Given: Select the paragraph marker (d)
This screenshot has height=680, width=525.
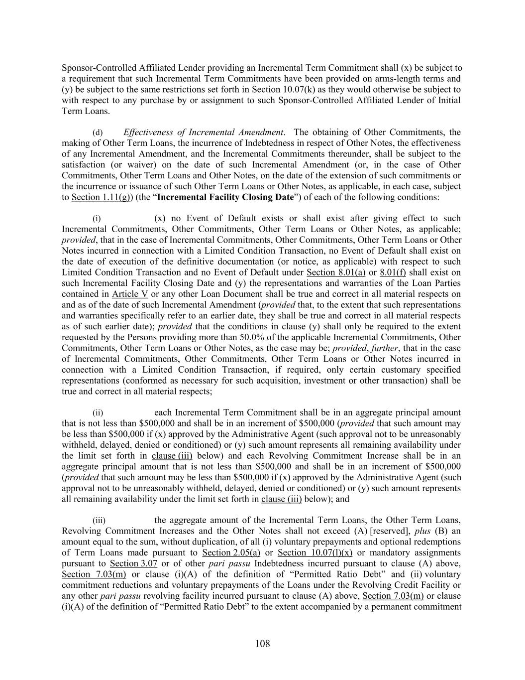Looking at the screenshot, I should (x=98, y=133).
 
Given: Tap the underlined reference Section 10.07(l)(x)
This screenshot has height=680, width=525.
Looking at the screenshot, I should (x=315, y=552).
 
